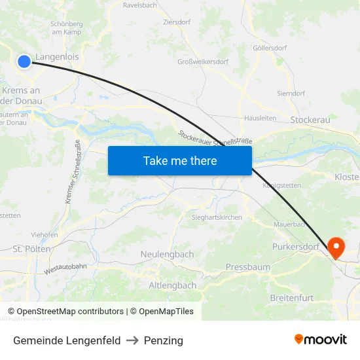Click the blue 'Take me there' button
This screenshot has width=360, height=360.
[179, 160]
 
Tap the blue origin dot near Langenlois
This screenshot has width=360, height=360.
[24, 61]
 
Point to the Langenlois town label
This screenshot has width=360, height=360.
[57, 57]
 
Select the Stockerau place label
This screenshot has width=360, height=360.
[310, 120]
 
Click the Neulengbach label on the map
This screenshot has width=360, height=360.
[167, 254]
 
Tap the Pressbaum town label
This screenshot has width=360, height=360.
[247, 267]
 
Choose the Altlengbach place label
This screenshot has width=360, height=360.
[173, 285]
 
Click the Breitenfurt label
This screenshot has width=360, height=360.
[293, 298]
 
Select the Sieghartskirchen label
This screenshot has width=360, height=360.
[217, 217]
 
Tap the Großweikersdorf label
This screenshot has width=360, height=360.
[203, 62]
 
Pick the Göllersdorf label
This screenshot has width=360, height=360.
[270, 48]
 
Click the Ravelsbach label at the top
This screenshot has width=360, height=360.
[140, 5]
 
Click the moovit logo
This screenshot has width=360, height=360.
[320, 339]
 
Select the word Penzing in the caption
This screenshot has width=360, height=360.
[164, 340]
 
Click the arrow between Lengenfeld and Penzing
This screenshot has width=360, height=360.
[132, 340]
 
